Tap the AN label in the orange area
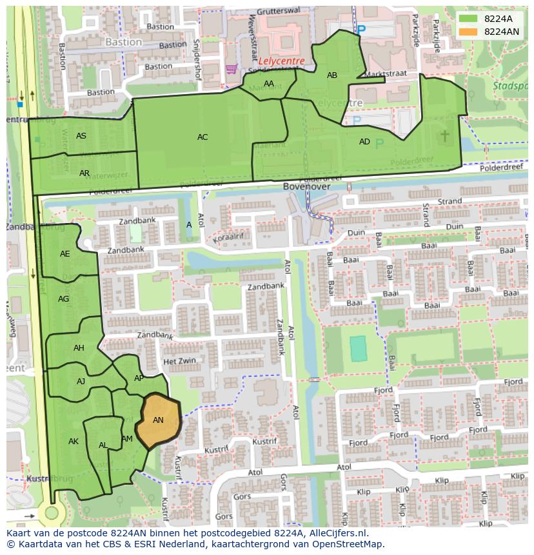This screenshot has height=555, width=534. [158, 420]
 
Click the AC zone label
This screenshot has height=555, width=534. [203, 137]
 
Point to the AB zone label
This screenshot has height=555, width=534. [332, 75]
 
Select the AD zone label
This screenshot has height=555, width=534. [364, 142]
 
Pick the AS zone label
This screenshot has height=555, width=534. [81, 136]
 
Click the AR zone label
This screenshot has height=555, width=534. [84, 173]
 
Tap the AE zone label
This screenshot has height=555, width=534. [65, 254]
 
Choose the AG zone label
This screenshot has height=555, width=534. [63, 299]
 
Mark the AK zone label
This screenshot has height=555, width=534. [74, 442]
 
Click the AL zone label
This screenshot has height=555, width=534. [103, 445]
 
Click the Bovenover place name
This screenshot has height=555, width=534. [306, 186]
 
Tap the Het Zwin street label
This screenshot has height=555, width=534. [179, 362]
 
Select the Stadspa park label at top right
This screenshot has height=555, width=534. [510, 85]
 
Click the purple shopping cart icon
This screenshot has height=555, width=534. [231, 68]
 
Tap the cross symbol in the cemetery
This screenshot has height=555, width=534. [445, 135]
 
